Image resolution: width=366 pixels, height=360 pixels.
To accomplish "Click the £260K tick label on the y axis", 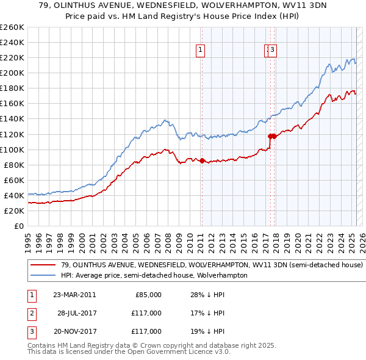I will pos(12,27).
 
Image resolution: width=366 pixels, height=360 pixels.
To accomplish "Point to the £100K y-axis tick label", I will pos(12,149).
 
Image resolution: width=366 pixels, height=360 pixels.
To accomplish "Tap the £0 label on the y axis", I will pos(19,226).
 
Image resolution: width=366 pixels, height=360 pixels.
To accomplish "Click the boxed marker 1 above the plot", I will pos(201,51).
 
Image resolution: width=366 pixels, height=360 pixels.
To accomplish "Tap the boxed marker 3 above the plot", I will pos(272,51).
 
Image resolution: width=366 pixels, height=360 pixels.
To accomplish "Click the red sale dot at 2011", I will pos(202,161).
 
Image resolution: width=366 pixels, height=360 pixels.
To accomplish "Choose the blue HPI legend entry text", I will pos(154,275).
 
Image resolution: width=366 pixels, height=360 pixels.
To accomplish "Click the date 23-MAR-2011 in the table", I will pos(74,295).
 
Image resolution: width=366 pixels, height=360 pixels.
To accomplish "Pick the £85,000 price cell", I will pos(148,295).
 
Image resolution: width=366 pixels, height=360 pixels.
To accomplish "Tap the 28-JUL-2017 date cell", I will pos(77,313).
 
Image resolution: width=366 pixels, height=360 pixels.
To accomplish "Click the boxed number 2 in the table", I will pos(31,313).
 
